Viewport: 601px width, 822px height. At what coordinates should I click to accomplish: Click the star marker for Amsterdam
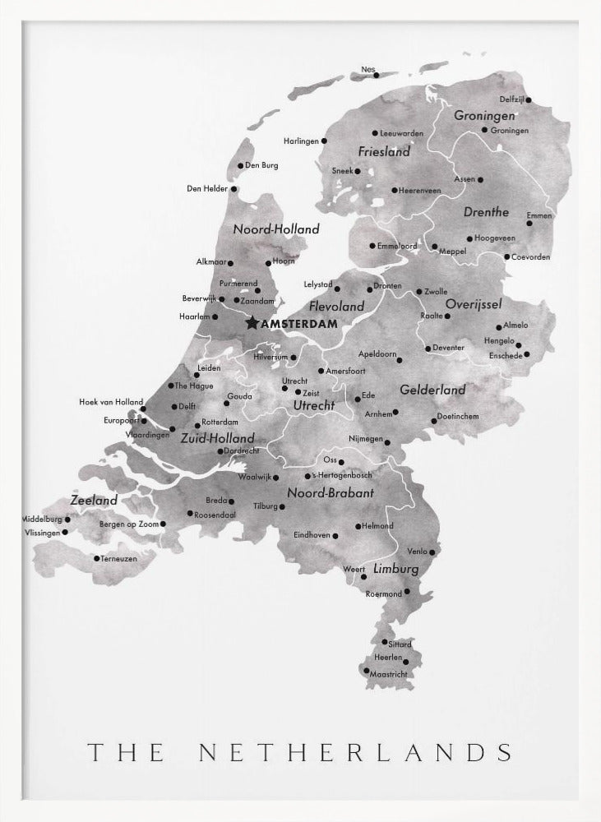click(x=252, y=324)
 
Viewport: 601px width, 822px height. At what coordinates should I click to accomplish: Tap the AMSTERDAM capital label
click(x=298, y=325)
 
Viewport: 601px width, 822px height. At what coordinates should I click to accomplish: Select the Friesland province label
click(x=384, y=152)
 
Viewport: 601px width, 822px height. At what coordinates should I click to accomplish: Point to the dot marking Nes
click(x=377, y=75)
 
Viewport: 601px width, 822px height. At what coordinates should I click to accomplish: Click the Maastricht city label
click(x=389, y=675)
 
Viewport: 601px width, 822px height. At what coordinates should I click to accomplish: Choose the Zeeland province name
click(x=94, y=500)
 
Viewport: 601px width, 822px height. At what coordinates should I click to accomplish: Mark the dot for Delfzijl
click(x=529, y=99)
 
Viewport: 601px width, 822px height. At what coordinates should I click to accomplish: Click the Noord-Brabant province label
click(x=331, y=493)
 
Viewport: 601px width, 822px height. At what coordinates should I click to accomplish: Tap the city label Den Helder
click(x=206, y=189)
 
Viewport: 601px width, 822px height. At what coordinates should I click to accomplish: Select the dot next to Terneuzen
click(x=96, y=559)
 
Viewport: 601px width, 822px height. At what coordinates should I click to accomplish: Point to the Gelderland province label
click(x=432, y=390)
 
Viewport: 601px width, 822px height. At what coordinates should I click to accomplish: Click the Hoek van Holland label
click(x=111, y=402)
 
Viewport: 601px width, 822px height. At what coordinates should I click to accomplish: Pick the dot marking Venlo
click(x=433, y=552)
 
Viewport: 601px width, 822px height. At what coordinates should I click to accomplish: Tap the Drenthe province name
click(x=486, y=212)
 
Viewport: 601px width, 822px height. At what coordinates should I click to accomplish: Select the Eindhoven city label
click(x=312, y=535)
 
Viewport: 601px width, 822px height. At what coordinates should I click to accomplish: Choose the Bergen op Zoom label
click(x=127, y=524)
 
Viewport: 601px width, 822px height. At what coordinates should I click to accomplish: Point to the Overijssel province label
click(x=474, y=304)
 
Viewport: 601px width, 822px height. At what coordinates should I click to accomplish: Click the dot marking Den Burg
click(x=240, y=165)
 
